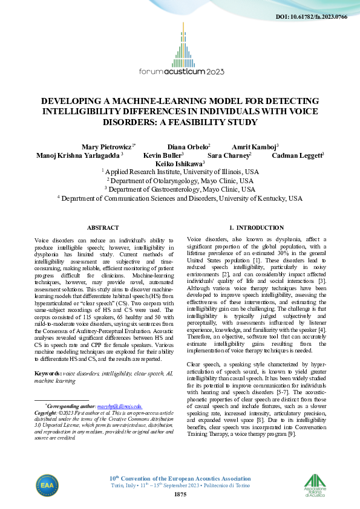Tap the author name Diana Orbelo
tap(188, 146)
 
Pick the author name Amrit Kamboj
tap(255, 146)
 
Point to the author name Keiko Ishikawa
tap(180, 163)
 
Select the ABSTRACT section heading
tap(99, 227)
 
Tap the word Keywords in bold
tap(50, 374)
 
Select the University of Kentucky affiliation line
tap(180, 198)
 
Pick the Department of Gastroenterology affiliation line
tap(180, 189)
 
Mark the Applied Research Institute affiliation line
tap(180, 172)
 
